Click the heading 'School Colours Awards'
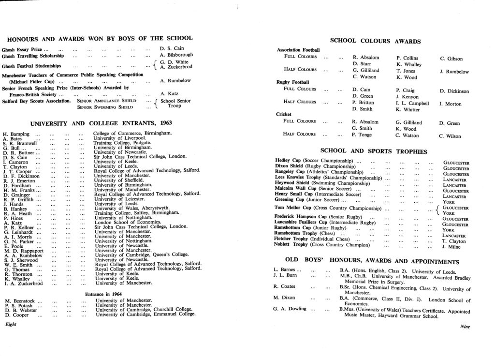[x=375, y=41]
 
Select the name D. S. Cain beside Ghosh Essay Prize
[x=172, y=48]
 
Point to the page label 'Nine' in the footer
[x=465, y=326]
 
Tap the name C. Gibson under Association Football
[x=451, y=59]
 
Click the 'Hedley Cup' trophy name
[x=290, y=160]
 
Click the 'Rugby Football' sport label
[x=292, y=82]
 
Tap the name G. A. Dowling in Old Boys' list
[x=290, y=309]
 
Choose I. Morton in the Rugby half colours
[x=450, y=104]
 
